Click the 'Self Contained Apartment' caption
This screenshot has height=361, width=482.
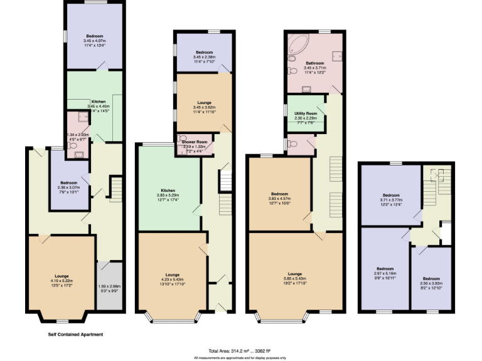coord(75,335)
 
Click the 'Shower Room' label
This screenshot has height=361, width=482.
coord(195,142)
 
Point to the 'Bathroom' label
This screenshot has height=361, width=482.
coord(314,63)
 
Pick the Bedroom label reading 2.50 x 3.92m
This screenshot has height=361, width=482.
coord(431,278)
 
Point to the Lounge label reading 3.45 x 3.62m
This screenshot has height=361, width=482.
coord(204,103)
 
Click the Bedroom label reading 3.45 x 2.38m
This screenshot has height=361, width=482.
coord(204,52)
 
